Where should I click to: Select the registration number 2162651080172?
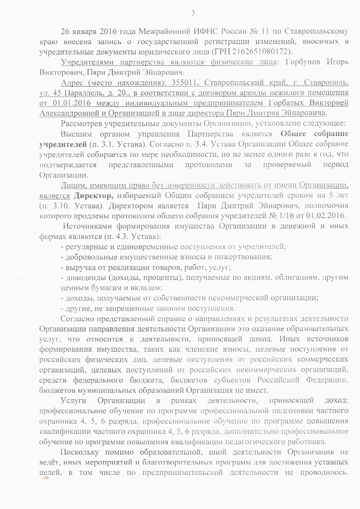tap(267, 51)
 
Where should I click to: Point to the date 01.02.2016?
tap(318, 215)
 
